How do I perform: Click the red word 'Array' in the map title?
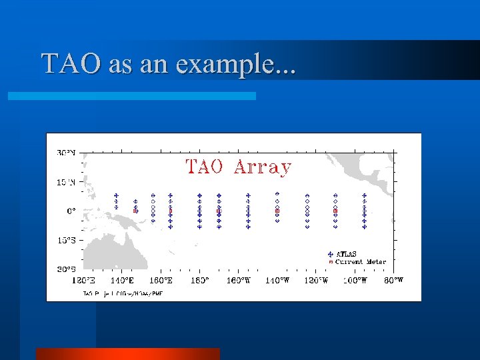pyautogui.click(x=263, y=167)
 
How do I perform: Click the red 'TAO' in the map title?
pyautogui.click(x=204, y=167)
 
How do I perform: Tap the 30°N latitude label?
pyautogui.click(x=65, y=153)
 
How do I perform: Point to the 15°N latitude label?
pyautogui.click(x=65, y=181)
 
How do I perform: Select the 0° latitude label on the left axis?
pyautogui.click(x=70, y=211)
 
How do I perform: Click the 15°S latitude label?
pyautogui.click(x=65, y=240)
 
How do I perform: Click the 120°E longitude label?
pyautogui.click(x=85, y=281)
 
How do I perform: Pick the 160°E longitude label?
pyautogui.click(x=161, y=281)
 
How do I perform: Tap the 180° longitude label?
pyautogui.click(x=199, y=281)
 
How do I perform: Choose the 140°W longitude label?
pyautogui.click(x=277, y=281)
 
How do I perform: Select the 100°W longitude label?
pyautogui.click(x=355, y=281)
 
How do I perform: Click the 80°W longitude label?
pyautogui.click(x=393, y=281)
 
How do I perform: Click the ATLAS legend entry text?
pyautogui.click(x=346, y=254)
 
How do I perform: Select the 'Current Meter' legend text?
pyautogui.click(x=360, y=262)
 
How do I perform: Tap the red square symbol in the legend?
pyautogui.click(x=330, y=262)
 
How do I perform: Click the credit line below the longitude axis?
pyautogui.click(x=123, y=293)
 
